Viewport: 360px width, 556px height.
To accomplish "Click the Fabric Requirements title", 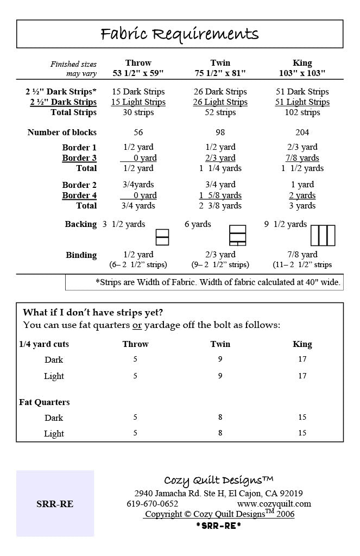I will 180,34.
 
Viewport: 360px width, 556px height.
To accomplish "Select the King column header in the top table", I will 302,63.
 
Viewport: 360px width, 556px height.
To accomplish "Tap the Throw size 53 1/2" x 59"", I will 138,73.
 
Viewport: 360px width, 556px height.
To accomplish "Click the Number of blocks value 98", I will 220,132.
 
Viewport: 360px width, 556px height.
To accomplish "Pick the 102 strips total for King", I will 302,112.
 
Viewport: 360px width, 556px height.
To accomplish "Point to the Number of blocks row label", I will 62,132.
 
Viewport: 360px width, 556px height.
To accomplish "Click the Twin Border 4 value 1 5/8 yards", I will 220,195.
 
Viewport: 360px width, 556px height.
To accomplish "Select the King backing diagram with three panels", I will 323,236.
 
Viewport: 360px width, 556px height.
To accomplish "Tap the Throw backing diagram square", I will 162,237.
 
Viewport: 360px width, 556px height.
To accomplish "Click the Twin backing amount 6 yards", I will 198,224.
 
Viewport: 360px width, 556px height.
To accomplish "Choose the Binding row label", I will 81,255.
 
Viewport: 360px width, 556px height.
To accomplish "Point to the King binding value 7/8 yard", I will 302,255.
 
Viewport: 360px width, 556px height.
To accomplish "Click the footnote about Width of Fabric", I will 218,282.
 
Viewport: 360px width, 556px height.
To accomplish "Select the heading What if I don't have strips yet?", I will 93,313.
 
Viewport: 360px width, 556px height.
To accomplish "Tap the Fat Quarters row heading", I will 44,402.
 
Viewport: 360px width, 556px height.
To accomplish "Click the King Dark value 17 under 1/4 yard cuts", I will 302,359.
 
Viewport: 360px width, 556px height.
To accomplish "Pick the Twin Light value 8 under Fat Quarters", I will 220,433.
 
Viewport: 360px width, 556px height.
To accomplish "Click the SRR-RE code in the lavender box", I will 55,504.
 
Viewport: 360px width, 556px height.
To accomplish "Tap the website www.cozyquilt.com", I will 274,504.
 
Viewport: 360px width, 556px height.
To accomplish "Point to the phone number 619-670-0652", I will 153,504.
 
